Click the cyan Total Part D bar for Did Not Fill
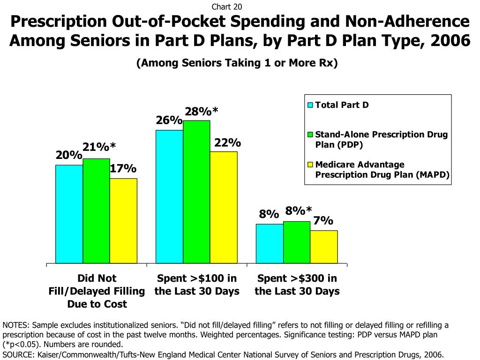69,214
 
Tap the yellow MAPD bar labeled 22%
224,207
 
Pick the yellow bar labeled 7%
324,247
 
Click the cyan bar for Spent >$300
269,243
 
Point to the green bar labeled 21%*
96,210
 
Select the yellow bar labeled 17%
123,220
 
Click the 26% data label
169,121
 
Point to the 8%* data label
299,211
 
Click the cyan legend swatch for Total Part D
310,105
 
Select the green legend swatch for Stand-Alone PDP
310,135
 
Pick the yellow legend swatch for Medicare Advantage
310,165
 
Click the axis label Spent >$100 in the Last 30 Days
197,285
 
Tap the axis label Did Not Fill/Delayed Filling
97,291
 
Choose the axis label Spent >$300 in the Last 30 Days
297,285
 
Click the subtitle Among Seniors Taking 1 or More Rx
237,63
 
